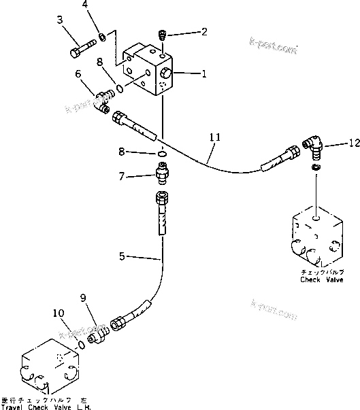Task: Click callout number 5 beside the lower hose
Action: (x=122, y=257)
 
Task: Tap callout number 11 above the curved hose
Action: (x=215, y=137)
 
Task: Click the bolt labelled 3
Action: (x=81, y=50)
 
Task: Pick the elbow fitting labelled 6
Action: (x=103, y=101)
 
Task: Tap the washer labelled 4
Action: (x=101, y=35)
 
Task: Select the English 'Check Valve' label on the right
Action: (x=319, y=279)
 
